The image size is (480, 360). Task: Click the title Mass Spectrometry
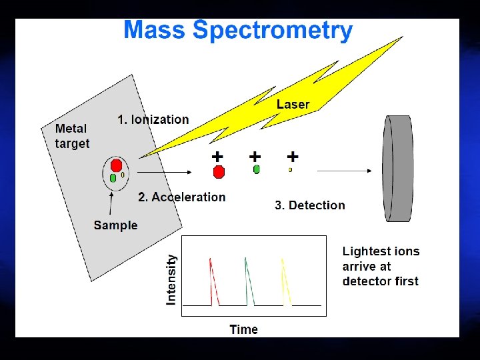point(238,31)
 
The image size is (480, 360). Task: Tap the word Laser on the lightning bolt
point(293,104)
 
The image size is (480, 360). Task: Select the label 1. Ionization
point(153,120)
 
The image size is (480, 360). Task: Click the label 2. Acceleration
point(182,197)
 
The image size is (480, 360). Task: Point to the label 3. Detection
point(310,205)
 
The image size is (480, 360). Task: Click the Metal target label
point(72,136)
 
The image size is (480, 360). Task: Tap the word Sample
point(115,225)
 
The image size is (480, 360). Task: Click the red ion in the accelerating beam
point(218,172)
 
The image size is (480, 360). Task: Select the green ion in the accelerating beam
point(257,170)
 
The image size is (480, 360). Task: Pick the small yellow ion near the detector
point(291,170)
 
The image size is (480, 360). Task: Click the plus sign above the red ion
point(217,157)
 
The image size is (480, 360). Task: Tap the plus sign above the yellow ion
point(293,157)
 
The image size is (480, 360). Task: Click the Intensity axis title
point(172,279)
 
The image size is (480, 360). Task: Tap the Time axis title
point(243,329)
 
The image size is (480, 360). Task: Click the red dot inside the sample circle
point(116,165)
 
